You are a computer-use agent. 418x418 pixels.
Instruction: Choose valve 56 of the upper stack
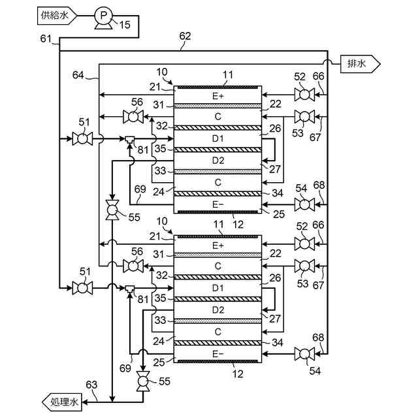point(135,118)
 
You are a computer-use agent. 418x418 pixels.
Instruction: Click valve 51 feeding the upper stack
point(82,138)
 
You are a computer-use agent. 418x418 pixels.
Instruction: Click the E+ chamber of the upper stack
point(217,95)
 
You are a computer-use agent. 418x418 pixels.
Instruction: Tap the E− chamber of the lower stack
point(217,353)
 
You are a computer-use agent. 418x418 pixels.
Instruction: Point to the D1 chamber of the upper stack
point(217,138)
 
